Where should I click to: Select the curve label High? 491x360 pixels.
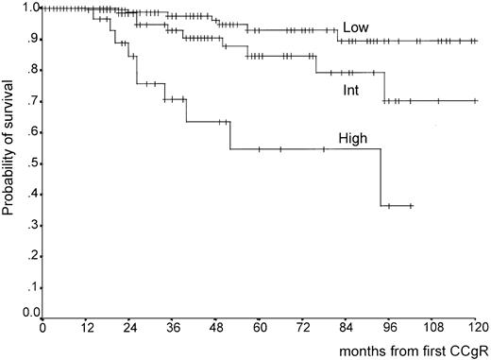point(363,137)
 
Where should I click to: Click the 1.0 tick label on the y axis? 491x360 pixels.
point(29,9)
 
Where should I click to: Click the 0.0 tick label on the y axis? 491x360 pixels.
point(29,312)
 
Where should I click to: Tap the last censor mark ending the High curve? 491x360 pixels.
point(412,205)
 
